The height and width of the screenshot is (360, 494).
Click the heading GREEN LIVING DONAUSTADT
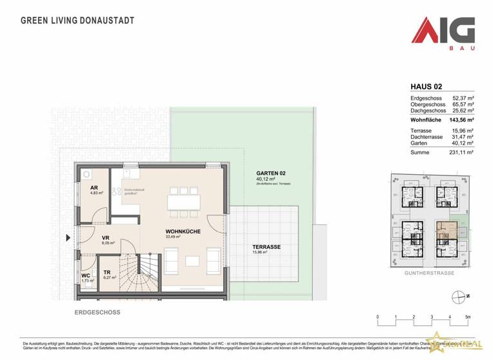pyautogui.click(x=78, y=20)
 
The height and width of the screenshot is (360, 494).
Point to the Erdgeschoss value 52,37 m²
pyautogui.click(x=462, y=97)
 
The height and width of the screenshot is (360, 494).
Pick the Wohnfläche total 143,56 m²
pyautogui.click(x=461, y=120)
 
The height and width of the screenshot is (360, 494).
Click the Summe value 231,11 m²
pyautogui.click(x=461, y=152)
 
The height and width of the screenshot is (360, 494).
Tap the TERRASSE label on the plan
pyautogui.click(x=266, y=247)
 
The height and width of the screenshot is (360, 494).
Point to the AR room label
pyautogui.click(x=93, y=188)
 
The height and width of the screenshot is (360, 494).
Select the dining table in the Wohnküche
pyautogui.click(x=184, y=202)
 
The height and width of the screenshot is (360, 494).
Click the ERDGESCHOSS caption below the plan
pyautogui.click(x=96, y=312)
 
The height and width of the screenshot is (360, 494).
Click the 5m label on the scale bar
pyautogui.click(x=468, y=317)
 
